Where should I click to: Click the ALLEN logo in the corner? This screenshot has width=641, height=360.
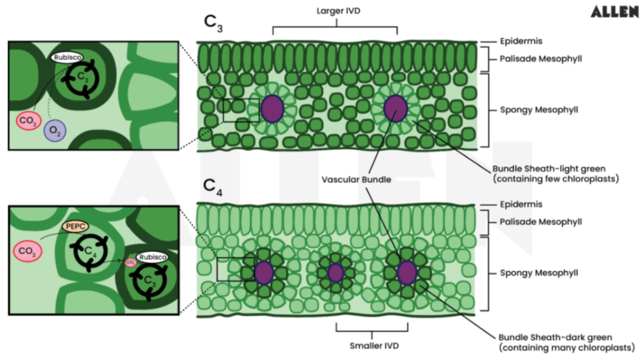(x=614, y=12)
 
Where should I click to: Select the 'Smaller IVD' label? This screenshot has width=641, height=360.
(x=374, y=346)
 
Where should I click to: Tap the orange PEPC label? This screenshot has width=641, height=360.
(x=76, y=226)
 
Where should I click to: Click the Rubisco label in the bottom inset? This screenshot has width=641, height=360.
(x=152, y=258)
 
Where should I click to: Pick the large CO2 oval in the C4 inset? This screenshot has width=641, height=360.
(x=28, y=251)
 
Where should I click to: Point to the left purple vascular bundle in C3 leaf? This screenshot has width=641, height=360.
(x=273, y=109)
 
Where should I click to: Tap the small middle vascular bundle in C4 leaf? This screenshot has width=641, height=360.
(x=335, y=273)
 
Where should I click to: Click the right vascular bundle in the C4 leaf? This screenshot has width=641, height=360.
(x=407, y=272)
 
